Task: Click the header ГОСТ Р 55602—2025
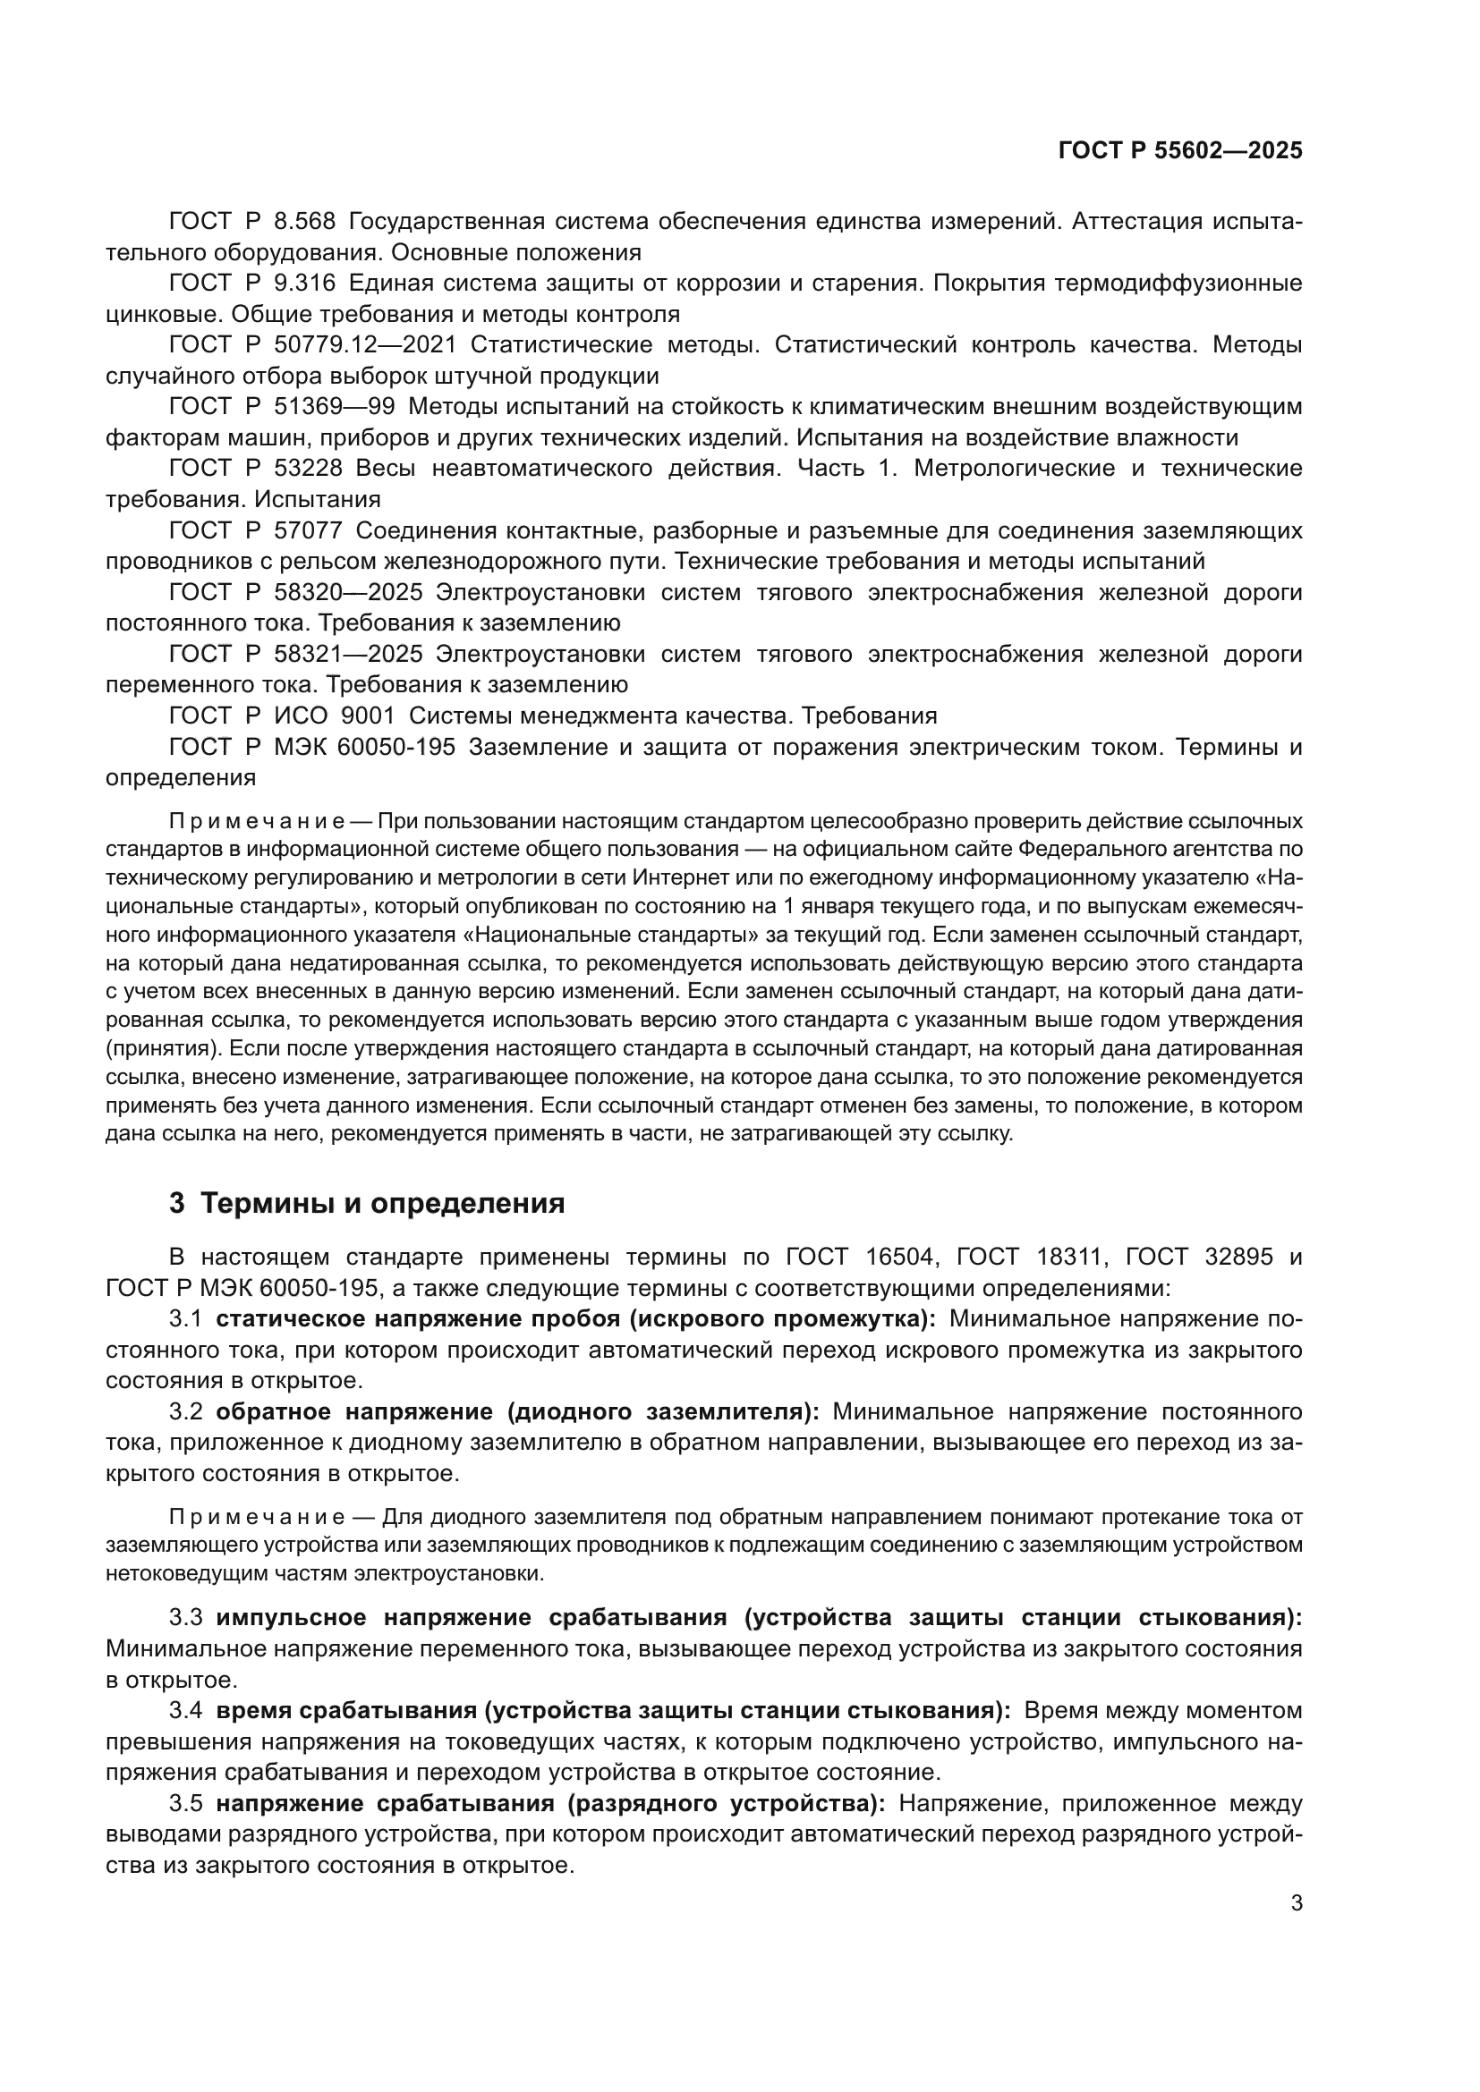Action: click(x=1180, y=150)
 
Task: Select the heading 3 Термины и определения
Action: click(x=366, y=1204)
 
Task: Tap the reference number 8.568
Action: click(x=305, y=222)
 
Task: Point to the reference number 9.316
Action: click(x=305, y=284)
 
